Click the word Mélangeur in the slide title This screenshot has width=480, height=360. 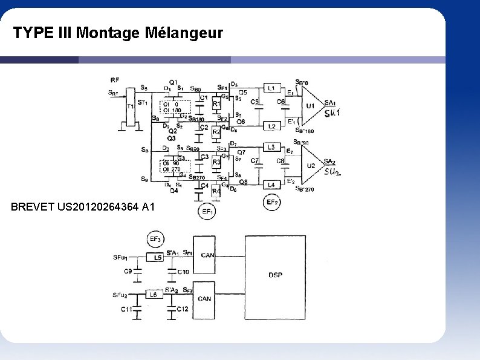(x=184, y=33)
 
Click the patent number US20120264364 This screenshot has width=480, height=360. (x=98, y=208)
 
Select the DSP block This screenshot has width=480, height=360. (x=275, y=275)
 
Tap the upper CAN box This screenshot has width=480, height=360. (x=206, y=255)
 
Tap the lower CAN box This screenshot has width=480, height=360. (x=204, y=298)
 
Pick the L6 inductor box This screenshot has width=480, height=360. (x=154, y=295)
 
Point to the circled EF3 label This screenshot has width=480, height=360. (x=155, y=240)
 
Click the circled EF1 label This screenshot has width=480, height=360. (x=208, y=212)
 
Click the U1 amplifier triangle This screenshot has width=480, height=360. (x=311, y=106)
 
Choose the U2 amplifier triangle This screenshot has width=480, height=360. (x=311, y=165)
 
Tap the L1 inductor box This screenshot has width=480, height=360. (x=271, y=88)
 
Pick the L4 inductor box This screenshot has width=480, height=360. (x=271, y=185)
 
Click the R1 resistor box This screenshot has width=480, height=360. (x=216, y=104)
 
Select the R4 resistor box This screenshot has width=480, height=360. (x=216, y=191)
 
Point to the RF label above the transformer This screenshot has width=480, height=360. (x=115, y=80)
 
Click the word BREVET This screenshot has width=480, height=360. (x=33, y=208)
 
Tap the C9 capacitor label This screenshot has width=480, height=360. (x=128, y=272)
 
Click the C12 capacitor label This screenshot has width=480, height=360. (x=182, y=309)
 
